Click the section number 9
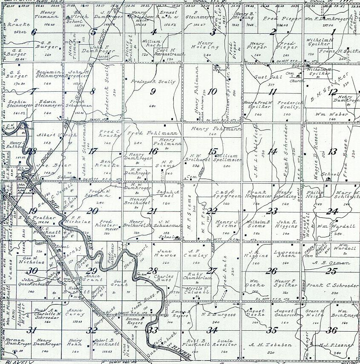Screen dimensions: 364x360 tap(153, 91)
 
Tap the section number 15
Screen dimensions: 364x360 tap(213, 151)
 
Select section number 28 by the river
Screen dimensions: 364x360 tap(152, 271)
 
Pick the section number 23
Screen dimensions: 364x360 tap(272, 211)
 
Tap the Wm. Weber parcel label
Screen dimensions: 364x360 tap(326, 114)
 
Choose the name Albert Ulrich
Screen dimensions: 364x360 tap(51, 135)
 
